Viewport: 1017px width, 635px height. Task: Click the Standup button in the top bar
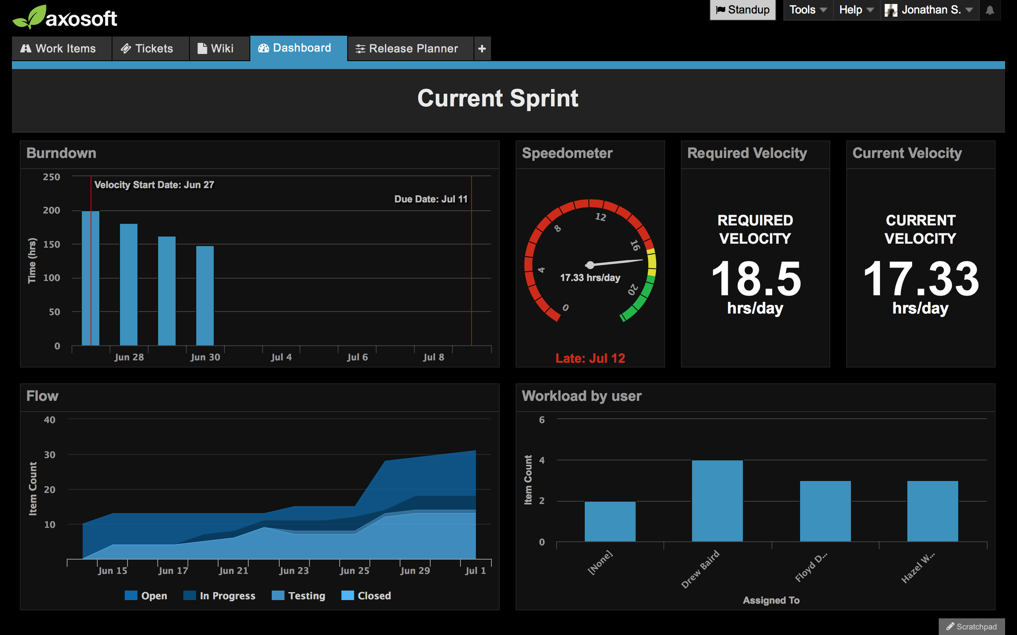742,10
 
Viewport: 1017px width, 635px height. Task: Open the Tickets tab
147,48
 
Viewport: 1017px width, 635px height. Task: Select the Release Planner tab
407,48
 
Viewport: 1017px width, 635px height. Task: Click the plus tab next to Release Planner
482,48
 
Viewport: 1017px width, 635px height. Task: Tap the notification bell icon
990,10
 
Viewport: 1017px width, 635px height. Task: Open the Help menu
855,10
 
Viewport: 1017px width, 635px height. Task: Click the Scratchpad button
972,626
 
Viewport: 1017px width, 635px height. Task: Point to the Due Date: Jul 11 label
430,199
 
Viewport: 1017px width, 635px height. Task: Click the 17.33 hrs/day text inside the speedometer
590,277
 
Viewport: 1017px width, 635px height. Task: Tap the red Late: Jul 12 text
590,358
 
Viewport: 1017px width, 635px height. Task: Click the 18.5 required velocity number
756,279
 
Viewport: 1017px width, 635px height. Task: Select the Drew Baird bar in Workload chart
717,500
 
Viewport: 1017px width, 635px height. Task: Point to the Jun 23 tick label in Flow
294,570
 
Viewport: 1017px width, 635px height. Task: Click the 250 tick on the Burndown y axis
51,177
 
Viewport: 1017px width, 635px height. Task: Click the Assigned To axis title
771,600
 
